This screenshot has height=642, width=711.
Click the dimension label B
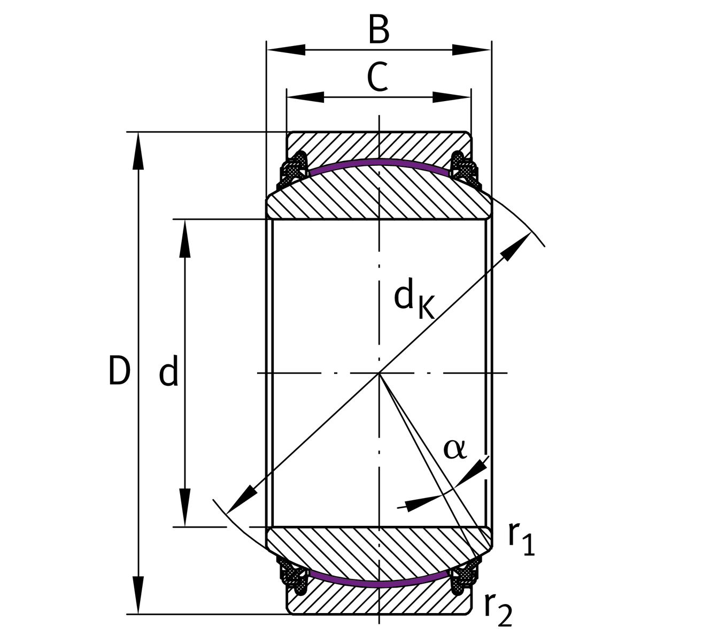379,30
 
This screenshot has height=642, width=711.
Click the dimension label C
377,78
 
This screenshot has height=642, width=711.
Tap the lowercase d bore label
168,373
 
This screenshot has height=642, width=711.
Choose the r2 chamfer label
498,609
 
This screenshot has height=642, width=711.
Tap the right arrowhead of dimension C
452,97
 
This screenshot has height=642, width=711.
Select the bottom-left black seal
295,578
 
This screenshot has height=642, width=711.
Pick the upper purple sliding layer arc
379,162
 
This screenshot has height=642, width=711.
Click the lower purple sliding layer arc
379,584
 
